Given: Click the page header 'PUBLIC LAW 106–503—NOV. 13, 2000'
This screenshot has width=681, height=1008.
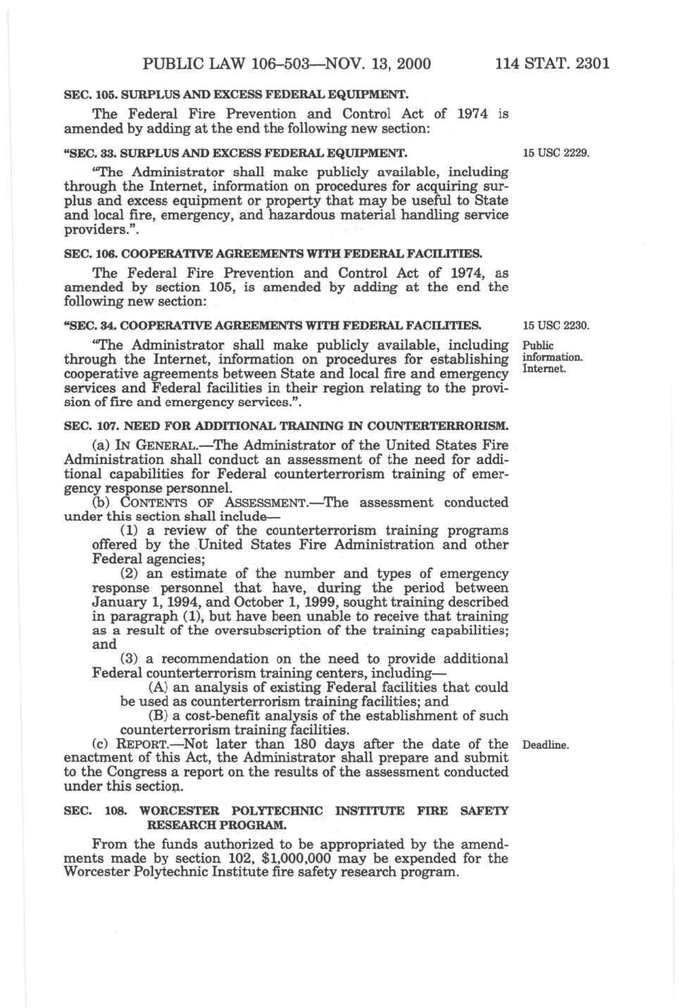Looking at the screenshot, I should coord(286,64).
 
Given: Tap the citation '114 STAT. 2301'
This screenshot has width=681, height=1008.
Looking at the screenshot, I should coord(552,64).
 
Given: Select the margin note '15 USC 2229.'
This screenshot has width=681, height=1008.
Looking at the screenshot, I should coord(556,152).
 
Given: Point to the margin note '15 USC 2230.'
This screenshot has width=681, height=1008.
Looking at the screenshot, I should coord(556,326).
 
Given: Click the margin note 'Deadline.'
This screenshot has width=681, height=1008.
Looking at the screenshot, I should coord(545,744).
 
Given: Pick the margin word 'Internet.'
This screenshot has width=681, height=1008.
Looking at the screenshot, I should coord(544,368).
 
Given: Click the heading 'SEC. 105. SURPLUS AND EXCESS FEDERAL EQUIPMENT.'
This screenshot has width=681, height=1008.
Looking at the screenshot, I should coord(237,94).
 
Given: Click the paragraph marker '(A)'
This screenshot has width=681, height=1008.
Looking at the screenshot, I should coord(158,687).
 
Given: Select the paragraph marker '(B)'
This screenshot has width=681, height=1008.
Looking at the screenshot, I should coord(158,715).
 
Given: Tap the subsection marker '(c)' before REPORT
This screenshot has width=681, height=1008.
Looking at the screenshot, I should coord(101,744).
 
